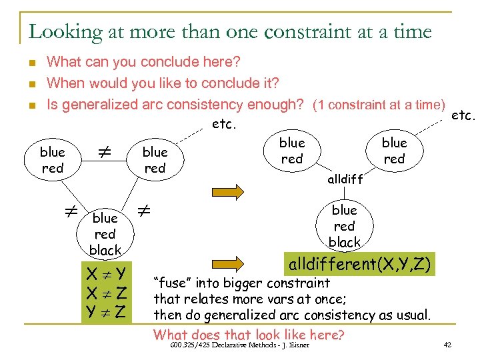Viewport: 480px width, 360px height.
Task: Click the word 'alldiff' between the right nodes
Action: pyautogui.click(x=345, y=179)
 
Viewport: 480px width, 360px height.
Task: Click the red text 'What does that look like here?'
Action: pyautogui.click(x=249, y=333)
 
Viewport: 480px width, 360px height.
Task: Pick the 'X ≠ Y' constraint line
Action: pyautogui.click(x=107, y=273)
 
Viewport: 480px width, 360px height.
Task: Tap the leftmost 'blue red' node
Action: pyautogui.click(x=53, y=160)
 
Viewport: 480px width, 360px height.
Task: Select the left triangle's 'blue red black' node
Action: pyautogui.click(x=105, y=234)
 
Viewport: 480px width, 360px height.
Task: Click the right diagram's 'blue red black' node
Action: pyautogui.click(x=344, y=226)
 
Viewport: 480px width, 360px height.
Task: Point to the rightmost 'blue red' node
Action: pyautogui.click(x=394, y=151)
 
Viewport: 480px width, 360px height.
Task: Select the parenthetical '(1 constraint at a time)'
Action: pyautogui.click(x=379, y=105)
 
